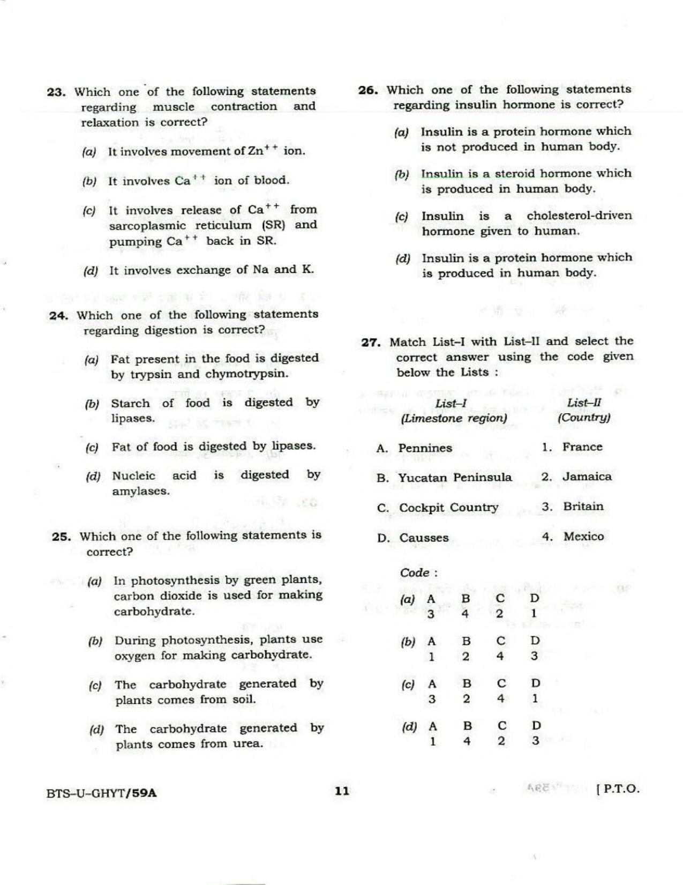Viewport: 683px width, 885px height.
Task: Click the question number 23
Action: point(56,92)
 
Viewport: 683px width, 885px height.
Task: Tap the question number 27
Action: point(370,343)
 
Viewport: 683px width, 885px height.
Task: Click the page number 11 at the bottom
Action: point(342,791)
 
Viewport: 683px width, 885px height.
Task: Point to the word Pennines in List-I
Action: point(425,448)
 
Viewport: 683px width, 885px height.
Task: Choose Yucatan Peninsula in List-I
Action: point(455,478)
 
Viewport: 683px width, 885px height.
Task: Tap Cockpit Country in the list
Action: point(448,508)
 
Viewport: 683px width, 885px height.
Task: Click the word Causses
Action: point(424,538)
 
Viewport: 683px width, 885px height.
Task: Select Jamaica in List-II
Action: point(587,477)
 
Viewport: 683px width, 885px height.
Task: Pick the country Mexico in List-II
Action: point(583,537)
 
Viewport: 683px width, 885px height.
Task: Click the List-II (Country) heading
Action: point(584,411)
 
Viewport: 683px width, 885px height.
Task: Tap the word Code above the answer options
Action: point(415,572)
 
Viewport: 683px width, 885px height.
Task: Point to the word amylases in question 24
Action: point(140,491)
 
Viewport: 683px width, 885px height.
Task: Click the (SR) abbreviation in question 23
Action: point(274,225)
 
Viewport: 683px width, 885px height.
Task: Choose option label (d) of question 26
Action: point(402,259)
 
